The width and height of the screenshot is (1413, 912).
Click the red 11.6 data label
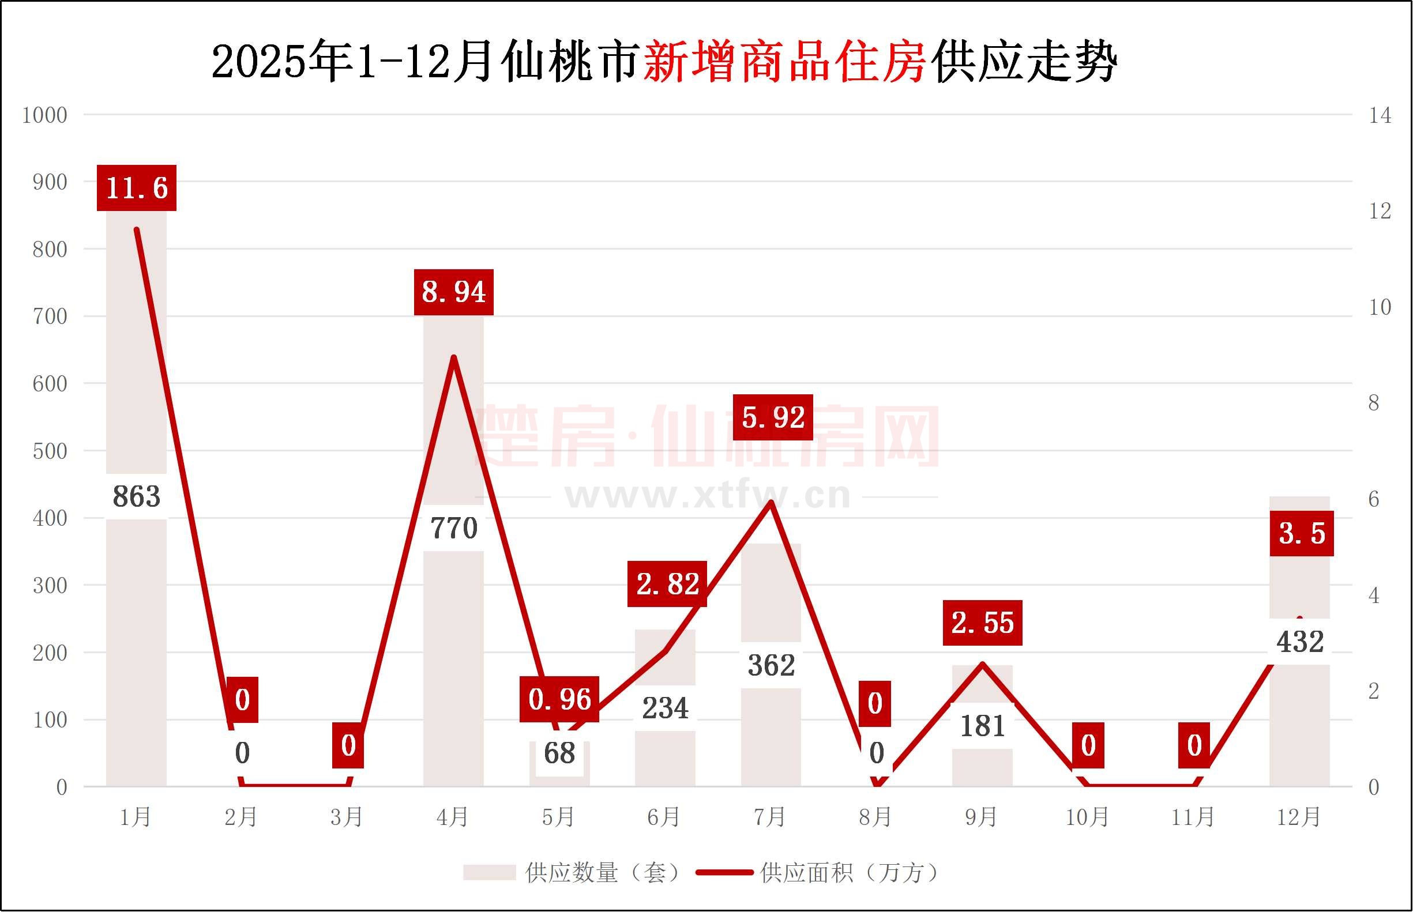pyautogui.click(x=137, y=188)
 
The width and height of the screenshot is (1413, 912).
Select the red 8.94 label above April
pyautogui.click(x=454, y=292)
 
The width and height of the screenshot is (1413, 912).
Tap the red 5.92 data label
pyautogui.click(x=773, y=417)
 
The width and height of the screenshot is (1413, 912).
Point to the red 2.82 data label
pyautogui.click(x=668, y=584)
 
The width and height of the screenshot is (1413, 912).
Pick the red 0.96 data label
pyautogui.click(x=559, y=699)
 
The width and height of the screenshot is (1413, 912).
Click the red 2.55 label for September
pyautogui.click(x=983, y=623)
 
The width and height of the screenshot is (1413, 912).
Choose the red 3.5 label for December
pyautogui.click(x=1302, y=534)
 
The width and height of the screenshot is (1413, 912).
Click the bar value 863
pyautogui.click(x=136, y=496)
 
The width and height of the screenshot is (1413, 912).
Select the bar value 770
pyautogui.click(x=454, y=528)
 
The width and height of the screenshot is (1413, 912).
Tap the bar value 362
pyautogui.click(x=771, y=666)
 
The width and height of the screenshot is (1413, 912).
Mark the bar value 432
pyautogui.click(x=1301, y=642)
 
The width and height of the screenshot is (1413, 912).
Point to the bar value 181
pyautogui.click(x=983, y=726)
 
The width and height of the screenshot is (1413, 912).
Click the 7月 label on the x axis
pyautogui.click(x=769, y=818)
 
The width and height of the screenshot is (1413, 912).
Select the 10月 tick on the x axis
pyautogui.click(x=1088, y=818)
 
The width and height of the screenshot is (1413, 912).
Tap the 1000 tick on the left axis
pyautogui.click(x=44, y=115)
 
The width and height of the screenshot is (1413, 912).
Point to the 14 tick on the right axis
pyautogui.click(x=1380, y=115)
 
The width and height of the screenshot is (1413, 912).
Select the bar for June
pyautogui.click(x=666, y=758)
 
